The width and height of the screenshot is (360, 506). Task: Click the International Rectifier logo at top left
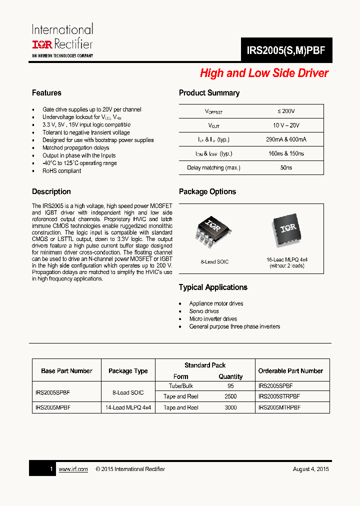tap(62, 40)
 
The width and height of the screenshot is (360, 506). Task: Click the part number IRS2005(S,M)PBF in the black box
tap(286, 50)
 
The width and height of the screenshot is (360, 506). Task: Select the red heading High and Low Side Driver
tap(264, 73)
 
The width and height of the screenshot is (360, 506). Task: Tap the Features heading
tap(46, 93)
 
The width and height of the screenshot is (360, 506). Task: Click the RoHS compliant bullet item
tap(61, 171)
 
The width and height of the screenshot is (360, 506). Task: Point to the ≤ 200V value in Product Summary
tap(286, 111)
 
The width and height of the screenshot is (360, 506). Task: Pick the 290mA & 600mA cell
tap(286, 139)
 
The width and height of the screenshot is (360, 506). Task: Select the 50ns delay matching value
tap(286, 167)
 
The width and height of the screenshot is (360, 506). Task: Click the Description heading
tap(51, 192)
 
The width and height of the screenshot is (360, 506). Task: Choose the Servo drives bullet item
tap(204, 311)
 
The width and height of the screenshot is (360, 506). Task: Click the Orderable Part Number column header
tap(290, 371)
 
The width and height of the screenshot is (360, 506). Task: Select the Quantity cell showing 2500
tap(230, 396)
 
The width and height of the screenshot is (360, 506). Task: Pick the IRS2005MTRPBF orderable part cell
tap(279, 407)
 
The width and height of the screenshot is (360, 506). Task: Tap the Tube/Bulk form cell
tap(181, 386)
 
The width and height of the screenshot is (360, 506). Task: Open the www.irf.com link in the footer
tap(73, 469)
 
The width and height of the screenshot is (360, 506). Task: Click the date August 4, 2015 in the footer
tap(310, 469)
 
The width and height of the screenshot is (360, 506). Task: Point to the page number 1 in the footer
tap(51, 469)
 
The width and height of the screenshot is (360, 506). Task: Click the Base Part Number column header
tap(66, 371)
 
